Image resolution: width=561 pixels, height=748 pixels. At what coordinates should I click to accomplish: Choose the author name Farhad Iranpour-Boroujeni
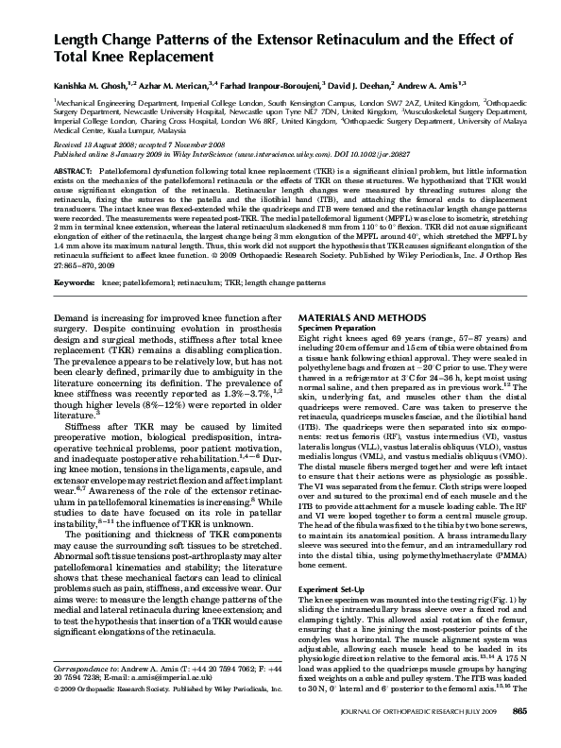pyautogui.click(x=279, y=85)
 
